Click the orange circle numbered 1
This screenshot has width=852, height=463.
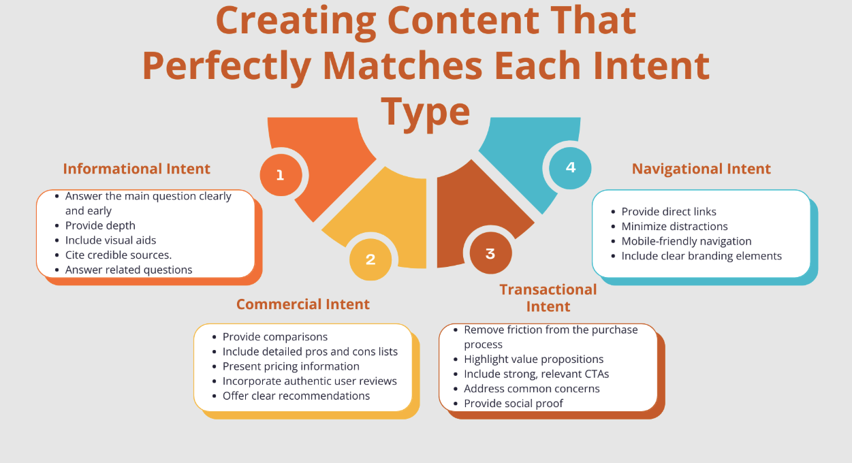(281, 175)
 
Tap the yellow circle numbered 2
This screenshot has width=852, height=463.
(370, 259)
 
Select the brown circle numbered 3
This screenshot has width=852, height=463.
(490, 253)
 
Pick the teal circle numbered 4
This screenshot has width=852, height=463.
(570, 168)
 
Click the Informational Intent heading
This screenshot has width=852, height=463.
(136, 169)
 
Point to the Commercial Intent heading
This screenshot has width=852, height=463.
(303, 304)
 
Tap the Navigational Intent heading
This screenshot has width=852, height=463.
(701, 169)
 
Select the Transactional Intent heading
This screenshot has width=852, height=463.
(548, 298)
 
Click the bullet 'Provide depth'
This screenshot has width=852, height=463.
(100, 225)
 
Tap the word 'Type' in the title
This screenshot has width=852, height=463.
(425, 112)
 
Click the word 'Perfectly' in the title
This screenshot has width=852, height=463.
(227, 66)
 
